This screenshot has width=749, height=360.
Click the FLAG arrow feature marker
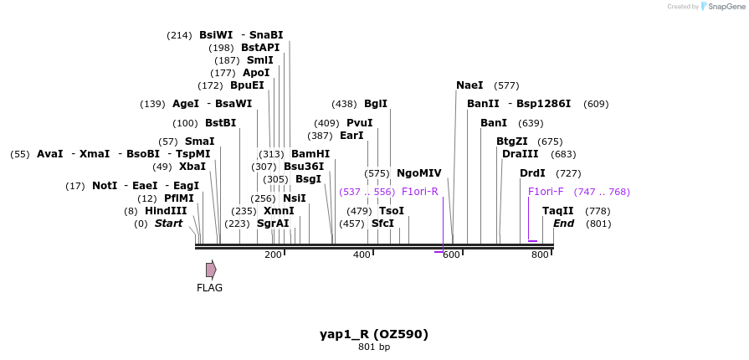point(211,270)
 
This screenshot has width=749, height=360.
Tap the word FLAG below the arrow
point(209,288)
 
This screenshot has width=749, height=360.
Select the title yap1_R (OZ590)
point(374,334)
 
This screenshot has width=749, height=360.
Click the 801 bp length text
point(374,347)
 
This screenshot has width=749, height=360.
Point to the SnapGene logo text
point(725,7)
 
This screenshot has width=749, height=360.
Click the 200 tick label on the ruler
point(273,255)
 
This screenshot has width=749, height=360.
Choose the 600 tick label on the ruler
point(451,255)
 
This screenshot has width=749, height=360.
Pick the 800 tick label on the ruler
point(540,255)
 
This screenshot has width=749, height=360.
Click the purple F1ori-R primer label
point(419,192)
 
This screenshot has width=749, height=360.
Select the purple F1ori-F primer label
point(546,192)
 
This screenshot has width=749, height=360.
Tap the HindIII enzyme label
point(166,211)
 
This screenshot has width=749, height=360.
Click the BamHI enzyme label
point(310,154)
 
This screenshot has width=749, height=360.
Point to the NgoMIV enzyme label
point(418,173)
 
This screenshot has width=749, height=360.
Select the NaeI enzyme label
point(469,85)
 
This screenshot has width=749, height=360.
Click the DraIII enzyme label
point(521,154)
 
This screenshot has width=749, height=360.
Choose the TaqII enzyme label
point(558,211)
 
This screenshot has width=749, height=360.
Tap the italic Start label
point(168,224)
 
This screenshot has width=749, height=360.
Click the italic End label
point(563,224)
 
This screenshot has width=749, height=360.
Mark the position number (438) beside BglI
point(344,104)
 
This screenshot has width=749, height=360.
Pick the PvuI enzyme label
point(359,123)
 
